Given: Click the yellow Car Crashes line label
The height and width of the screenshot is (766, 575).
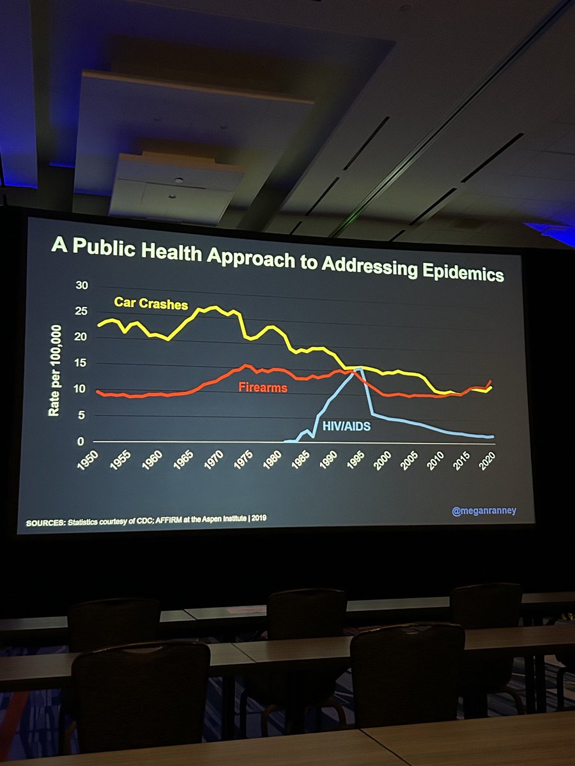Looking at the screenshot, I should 151,303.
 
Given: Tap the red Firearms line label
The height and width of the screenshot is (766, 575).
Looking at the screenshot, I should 263,387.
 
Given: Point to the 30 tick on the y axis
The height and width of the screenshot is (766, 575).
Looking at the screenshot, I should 81,285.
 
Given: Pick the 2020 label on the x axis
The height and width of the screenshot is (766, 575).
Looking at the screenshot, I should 489,459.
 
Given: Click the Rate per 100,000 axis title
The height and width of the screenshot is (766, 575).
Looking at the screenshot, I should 56,370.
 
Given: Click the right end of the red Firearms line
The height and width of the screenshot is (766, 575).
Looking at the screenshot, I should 491,381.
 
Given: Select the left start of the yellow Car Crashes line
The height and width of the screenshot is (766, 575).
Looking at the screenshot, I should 98,326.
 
